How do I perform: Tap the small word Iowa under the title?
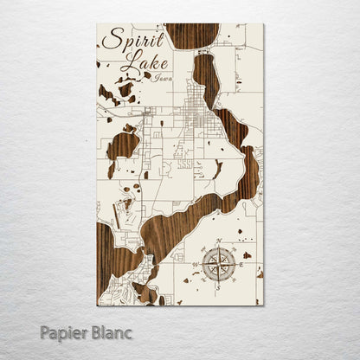161,79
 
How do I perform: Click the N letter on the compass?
218,240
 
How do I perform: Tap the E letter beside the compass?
237,258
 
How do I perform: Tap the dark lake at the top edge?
191,35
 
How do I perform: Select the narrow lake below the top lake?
206,78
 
